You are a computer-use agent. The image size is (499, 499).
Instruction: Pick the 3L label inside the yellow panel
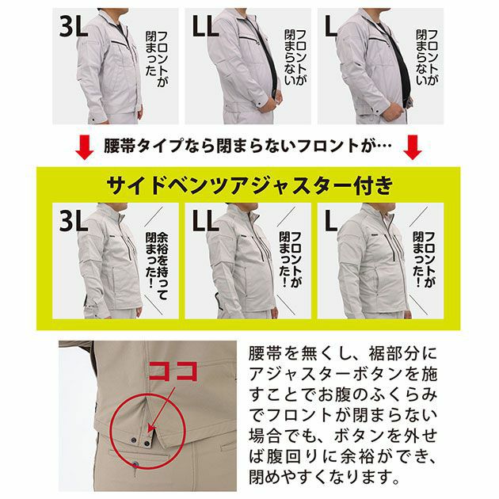tap(74, 219)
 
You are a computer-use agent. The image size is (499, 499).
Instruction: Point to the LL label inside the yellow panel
tap(208, 219)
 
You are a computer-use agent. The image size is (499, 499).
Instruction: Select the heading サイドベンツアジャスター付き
tap(249, 185)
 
